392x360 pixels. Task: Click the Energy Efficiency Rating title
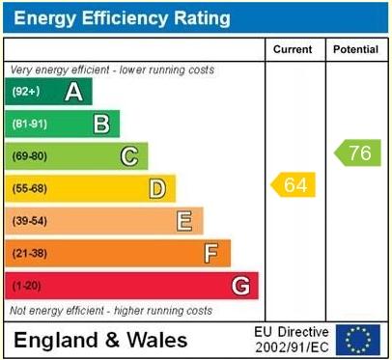pos(121,18)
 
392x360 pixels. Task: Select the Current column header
pos(293,49)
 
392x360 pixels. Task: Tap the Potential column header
pos(356,49)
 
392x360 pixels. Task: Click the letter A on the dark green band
pos(72,92)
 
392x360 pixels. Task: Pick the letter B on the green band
pos(100,124)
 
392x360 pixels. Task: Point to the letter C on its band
pos(128,156)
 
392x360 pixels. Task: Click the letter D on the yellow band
pos(156,188)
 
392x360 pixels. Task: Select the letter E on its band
pos(183,221)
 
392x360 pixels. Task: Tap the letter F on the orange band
pos(211,253)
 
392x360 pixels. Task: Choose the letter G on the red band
pos(239,286)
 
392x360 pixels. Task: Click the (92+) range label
pos(26,92)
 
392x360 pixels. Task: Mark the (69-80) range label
pos(29,156)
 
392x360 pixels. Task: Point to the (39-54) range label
pos(29,221)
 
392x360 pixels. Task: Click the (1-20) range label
pos(26,286)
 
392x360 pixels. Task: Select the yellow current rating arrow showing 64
pos(294,184)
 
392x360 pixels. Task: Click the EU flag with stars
pos(357,339)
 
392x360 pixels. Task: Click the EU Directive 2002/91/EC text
pos(291,339)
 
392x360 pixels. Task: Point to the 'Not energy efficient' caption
pos(111,311)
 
